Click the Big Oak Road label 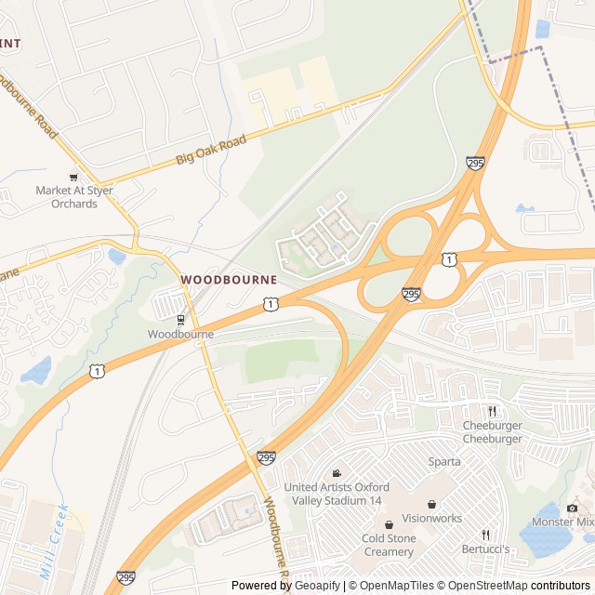pyautogui.click(x=211, y=151)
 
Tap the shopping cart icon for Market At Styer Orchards pyautogui.click(x=73, y=177)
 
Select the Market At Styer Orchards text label pyautogui.click(x=67, y=197)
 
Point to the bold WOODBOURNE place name pyautogui.click(x=229, y=279)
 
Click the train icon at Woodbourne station pyautogui.click(x=180, y=319)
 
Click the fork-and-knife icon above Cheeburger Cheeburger pyautogui.click(x=493, y=411)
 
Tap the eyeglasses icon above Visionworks pyautogui.click(x=431, y=505)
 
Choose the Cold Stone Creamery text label pyautogui.click(x=389, y=546)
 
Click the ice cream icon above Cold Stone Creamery pyautogui.click(x=389, y=525)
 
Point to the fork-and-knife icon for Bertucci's pyautogui.click(x=484, y=535)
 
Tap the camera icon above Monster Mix pyautogui.click(x=572, y=508)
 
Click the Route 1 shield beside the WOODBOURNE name pyautogui.click(x=270, y=303)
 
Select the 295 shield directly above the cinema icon pyautogui.click(x=266, y=457)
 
